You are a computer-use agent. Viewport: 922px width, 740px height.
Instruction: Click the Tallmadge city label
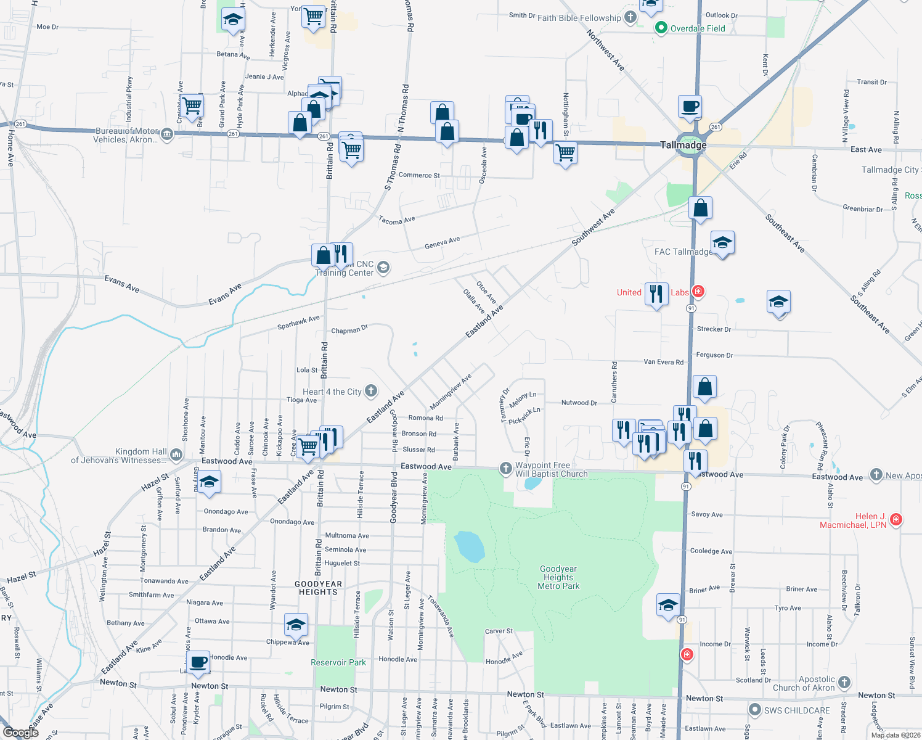[x=683, y=145]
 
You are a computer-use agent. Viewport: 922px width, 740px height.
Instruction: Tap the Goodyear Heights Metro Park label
[x=558, y=578]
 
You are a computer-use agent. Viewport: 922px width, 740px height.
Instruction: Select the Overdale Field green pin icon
[x=661, y=28]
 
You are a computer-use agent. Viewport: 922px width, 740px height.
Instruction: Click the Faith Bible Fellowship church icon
[x=630, y=17]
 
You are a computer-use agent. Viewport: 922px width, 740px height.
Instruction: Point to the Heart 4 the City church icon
[x=371, y=390]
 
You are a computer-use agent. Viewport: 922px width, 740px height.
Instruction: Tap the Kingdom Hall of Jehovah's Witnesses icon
[x=176, y=455]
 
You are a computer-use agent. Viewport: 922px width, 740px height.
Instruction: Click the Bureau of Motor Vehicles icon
[x=167, y=134]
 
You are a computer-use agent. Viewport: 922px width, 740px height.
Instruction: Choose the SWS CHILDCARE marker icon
[x=754, y=710]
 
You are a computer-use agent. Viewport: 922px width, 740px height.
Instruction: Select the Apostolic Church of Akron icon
[x=844, y=682]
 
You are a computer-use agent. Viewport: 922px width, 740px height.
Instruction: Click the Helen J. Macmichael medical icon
[x=896, y=519]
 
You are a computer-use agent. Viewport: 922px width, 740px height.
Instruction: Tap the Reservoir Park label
[x=338, y=662]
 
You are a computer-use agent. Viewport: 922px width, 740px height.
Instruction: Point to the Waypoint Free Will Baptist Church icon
[x=506, y=469]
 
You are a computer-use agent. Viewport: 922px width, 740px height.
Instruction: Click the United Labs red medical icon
[x=698, y=291]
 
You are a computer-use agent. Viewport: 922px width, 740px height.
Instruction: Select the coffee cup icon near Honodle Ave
[x=198, y=663]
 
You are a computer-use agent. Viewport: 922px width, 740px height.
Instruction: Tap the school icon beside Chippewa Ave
[x=296, y=625]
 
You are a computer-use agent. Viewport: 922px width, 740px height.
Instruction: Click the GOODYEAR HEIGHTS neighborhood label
[x=318, y=588]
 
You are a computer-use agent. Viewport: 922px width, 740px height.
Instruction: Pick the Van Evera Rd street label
[x=663, y=362]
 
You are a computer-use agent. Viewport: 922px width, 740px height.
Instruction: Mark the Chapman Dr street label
[x=349, y=330]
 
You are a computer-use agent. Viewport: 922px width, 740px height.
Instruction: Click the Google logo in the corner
[x=21, y=732]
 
